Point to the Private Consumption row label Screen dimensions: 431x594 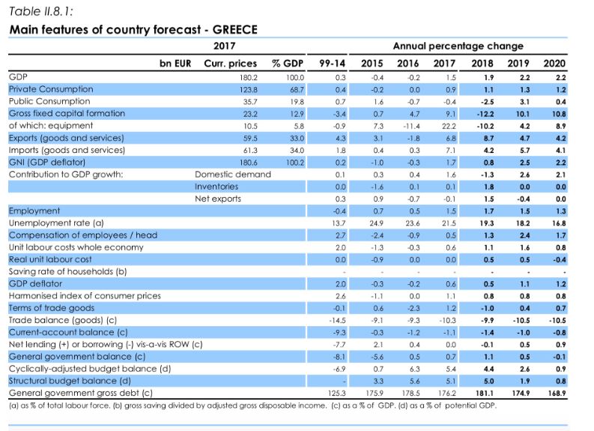click(x=51, y=89)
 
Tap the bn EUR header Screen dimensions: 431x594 click(x=175, y=64)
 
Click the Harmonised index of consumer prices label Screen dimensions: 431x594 click(x=85, y=296)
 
